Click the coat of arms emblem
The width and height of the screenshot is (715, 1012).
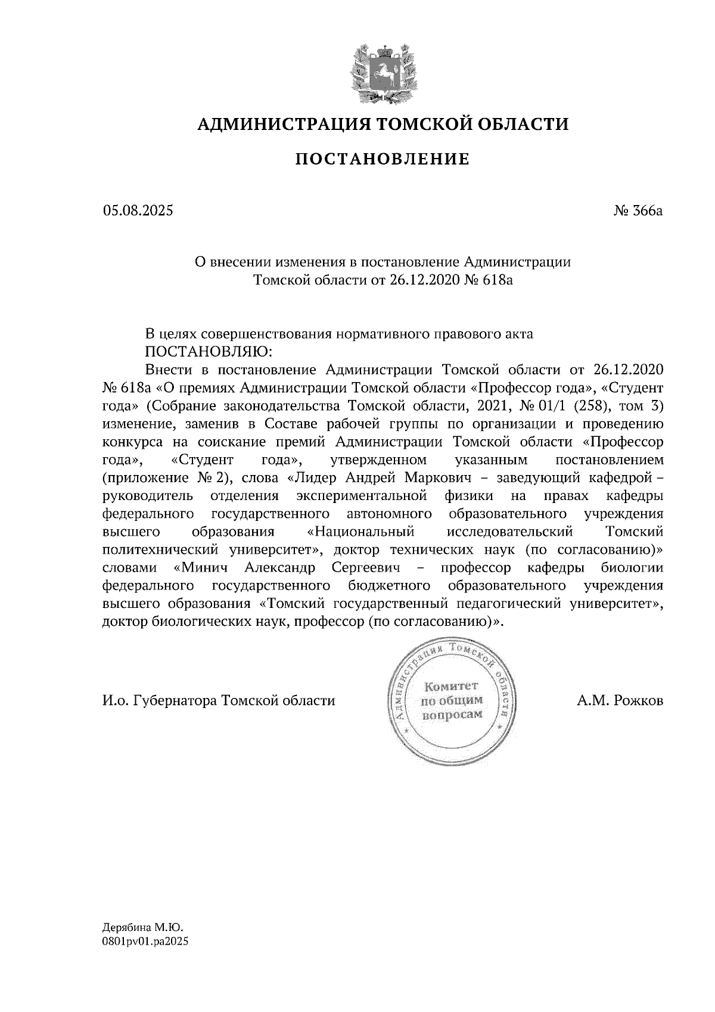coord(381,70)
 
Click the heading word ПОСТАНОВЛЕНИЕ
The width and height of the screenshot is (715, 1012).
coord(383,159)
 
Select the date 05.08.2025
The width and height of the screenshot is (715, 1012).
coord(138,210)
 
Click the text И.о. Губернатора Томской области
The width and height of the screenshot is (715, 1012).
coord(219,700)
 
